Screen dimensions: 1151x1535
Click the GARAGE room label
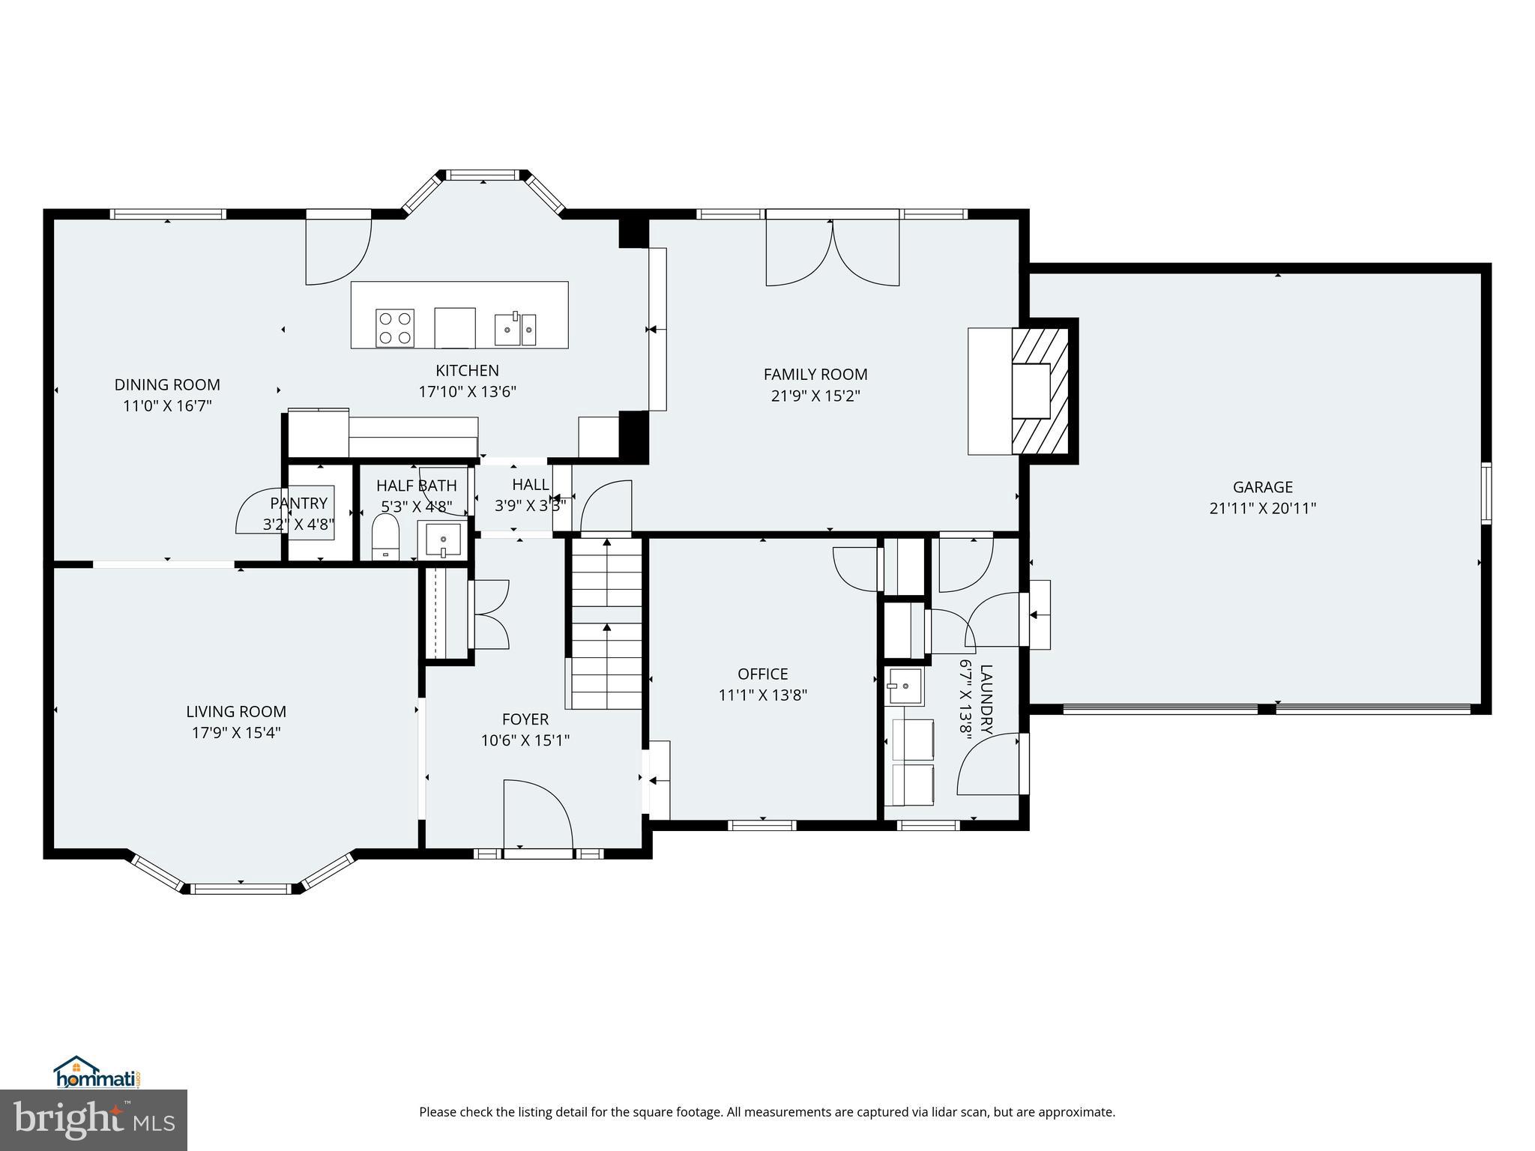[x=1263, y=487]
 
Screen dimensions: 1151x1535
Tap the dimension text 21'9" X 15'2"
[x=815, y=396]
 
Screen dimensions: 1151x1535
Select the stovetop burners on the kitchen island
[x=394, y=327]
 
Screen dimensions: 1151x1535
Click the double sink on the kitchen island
[x=515, y=329]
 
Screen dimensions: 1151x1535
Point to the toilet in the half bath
[x=386, y=536]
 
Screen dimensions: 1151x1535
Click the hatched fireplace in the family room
[x=1040, y=390]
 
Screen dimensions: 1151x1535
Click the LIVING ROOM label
[x=236, y=712]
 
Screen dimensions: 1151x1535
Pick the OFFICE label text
[x=763, y=674]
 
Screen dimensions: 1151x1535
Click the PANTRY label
[x=299, y=504]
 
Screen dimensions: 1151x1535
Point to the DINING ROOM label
[x=167, y=385]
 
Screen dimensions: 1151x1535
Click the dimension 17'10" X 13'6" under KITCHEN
[x=467, y=391]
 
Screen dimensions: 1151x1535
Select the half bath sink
[x=443, y=540]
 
